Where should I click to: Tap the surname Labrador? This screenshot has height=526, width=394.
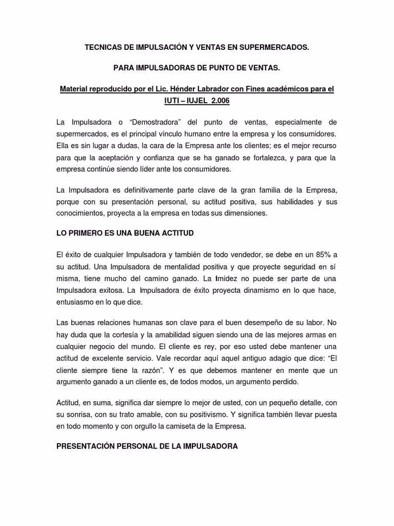point(203,89)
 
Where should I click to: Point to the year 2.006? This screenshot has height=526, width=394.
point(219,101)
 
